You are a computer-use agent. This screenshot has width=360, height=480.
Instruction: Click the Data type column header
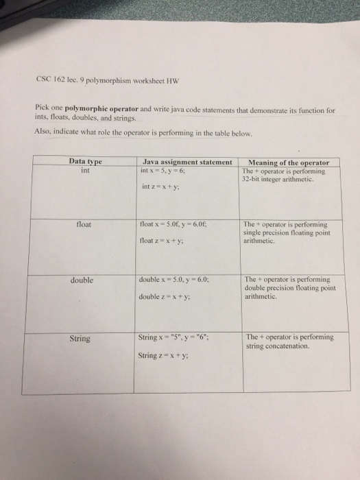tap(86, 161)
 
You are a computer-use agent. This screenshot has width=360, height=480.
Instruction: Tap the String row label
tap(81, 338)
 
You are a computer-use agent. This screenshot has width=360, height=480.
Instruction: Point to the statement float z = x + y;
tap(160, 241)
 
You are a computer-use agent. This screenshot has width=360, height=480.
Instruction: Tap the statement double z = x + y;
tap(163, 297)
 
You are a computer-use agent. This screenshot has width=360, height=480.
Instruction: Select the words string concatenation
tap(277, 346)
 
